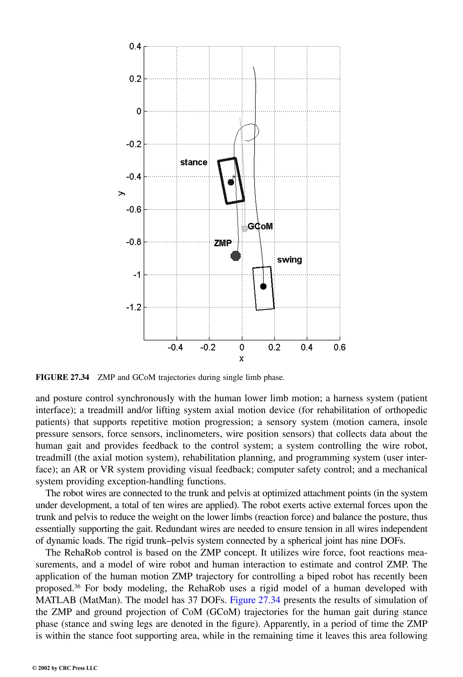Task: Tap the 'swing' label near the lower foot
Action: (x=289, y=260)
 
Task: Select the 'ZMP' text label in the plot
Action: (x=223, y=243)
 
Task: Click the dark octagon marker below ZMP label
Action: (x=235, y=256)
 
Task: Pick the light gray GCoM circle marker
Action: (x=245, y=229)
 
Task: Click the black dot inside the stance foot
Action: (x=231, y=182)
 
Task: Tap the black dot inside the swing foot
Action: (x=263, y=286)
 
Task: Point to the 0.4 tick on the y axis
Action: (x=135, y=47)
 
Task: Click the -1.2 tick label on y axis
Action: (x=133, y=307)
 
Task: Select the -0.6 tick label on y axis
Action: (x=133, y=209)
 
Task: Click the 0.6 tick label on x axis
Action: (x=340, y=347)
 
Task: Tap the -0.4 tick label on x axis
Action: (x=175, y=347)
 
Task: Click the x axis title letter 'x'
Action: (x=241, y=359)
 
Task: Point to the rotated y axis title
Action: (x=122, y=193)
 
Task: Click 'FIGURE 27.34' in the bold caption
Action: (x=62, y=378)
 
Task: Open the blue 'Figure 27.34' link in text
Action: (x=255, y=600)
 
